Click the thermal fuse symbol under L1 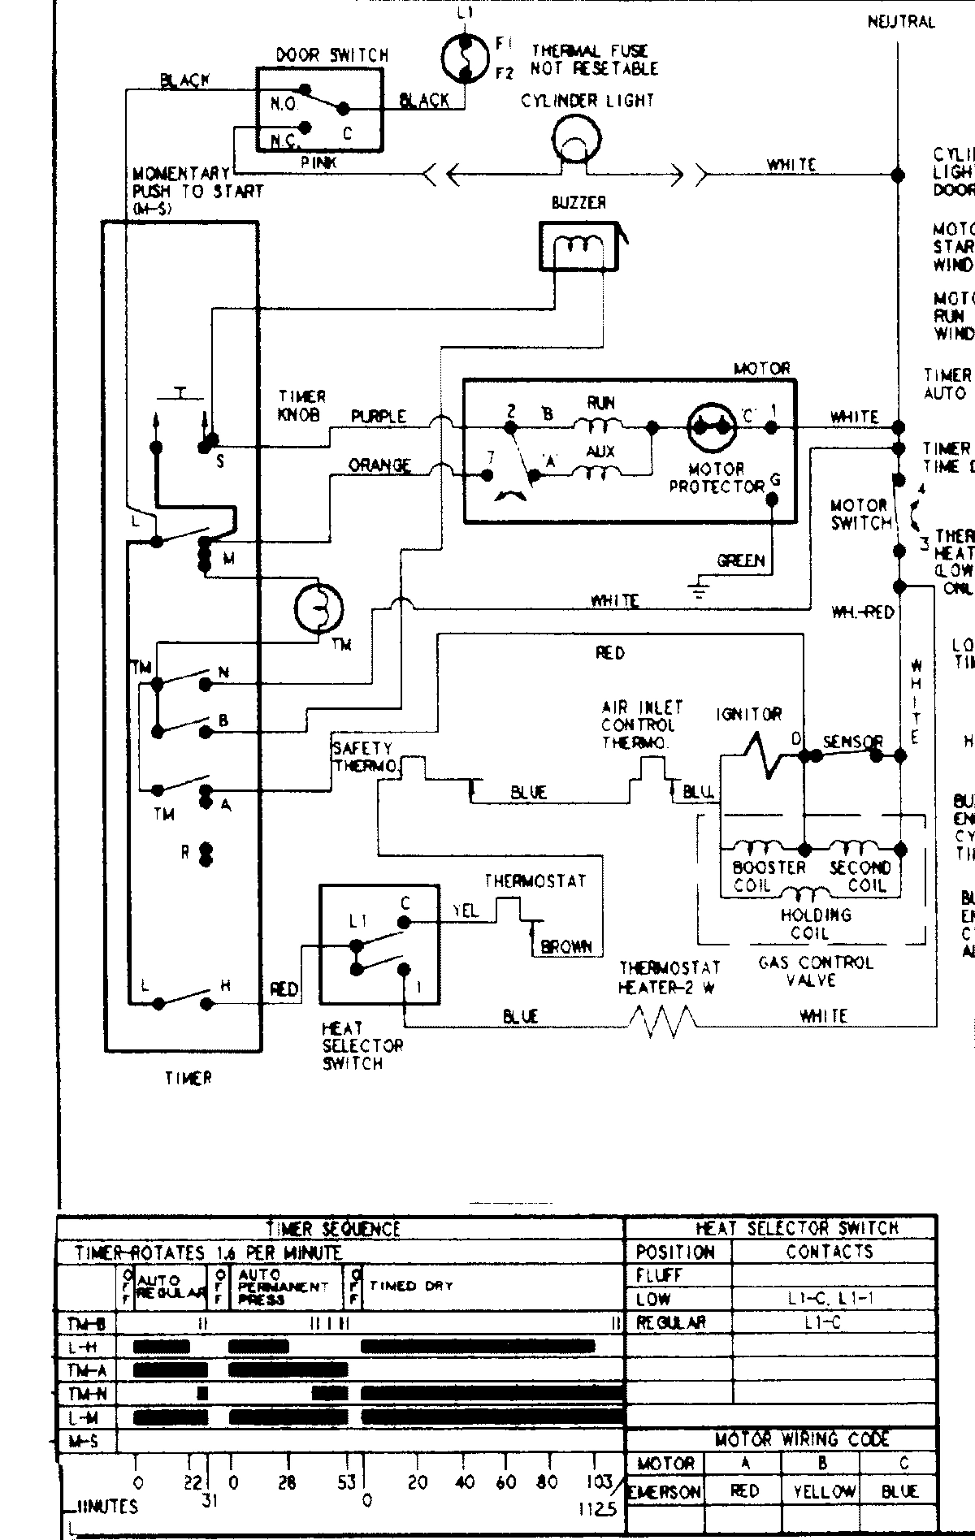pos(464,58)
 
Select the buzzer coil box pos(578,246)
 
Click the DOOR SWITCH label pos(332,55)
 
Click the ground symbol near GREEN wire pos(700,589)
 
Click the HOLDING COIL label pos(816,924)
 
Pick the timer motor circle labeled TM pos(318,608)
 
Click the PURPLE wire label pos(379,416)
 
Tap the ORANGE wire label pos(379,465)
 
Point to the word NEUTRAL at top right pos(901,22)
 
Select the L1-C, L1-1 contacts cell pos(830,1299)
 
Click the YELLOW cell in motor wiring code pos(821,1491)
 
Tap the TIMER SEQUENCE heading pos(333,1228)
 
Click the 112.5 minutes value pos(598,1509)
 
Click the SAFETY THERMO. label pos(364,757)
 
